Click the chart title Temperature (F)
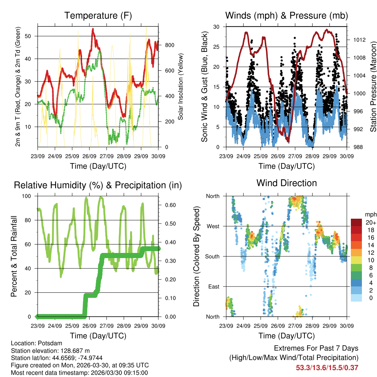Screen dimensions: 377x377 (x=98, y=15)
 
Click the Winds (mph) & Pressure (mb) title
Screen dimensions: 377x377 (x=286, y=15)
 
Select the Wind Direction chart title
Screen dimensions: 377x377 (x=286, y=183)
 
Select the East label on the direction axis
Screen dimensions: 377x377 (x=214, y=286)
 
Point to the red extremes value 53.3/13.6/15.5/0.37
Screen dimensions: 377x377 (x=327, y=367)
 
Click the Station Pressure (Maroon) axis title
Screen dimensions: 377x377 (x=373, y=87)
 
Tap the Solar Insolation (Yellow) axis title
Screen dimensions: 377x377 (x=181, y=87)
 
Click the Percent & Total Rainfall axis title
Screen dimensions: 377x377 (x=14, y=256)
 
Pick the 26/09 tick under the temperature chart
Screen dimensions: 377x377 (x=89, y=156)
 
